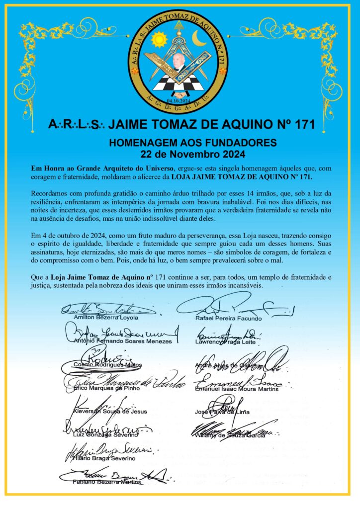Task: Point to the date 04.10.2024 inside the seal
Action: point(179,101)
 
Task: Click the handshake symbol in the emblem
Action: point(180,93)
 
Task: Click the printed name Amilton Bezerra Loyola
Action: point(106,317)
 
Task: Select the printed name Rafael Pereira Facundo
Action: point(228,317)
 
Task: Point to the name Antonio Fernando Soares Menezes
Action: point(123,341)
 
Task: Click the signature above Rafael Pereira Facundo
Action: point(234,303)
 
